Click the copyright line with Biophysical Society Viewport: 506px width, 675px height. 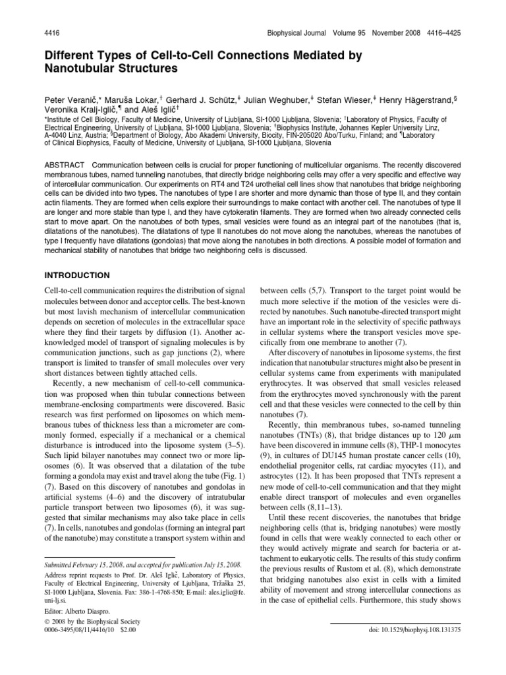coord(87,639)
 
